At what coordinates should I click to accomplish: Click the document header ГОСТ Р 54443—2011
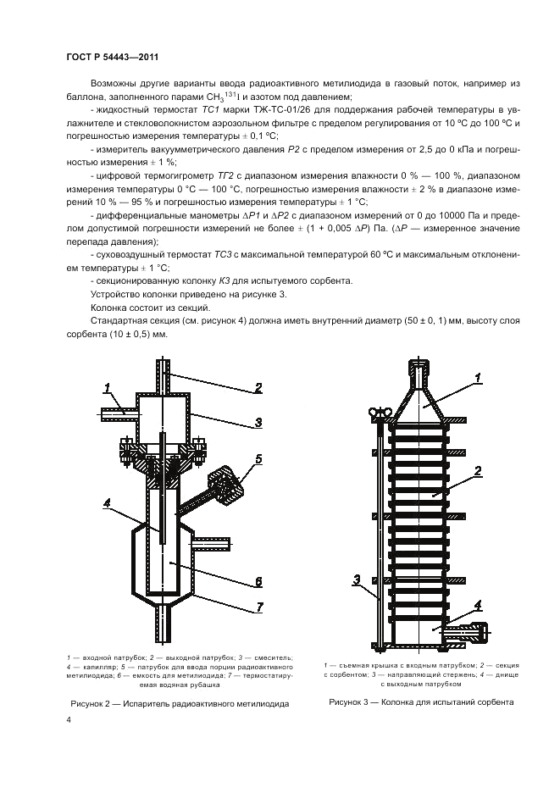tap(113, 57)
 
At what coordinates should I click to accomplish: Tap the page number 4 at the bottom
tap(68, 719)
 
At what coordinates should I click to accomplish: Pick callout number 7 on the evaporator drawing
tap(261, 607)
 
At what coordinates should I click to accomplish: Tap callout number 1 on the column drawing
tap(478, 376)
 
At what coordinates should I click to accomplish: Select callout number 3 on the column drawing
tap(358, 579)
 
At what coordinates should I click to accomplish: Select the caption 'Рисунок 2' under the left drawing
tap(178, 703)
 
